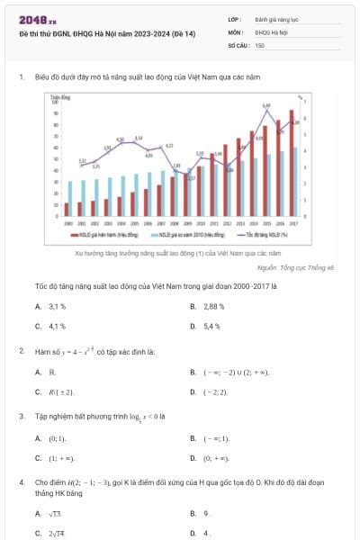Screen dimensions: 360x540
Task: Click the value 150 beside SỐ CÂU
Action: click(260, 44)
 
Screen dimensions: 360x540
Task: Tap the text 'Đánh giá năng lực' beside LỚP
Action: click(274, 18)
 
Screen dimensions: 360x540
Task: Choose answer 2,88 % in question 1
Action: click(212, 307)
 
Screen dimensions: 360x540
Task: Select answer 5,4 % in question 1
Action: click(211, 326)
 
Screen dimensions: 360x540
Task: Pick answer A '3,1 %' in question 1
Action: click(58, 307)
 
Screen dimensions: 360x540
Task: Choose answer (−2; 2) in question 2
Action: click(215, 392)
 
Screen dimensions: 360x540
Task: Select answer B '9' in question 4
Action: click(208, 514)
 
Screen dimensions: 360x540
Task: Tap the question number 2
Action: click(21, 350)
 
